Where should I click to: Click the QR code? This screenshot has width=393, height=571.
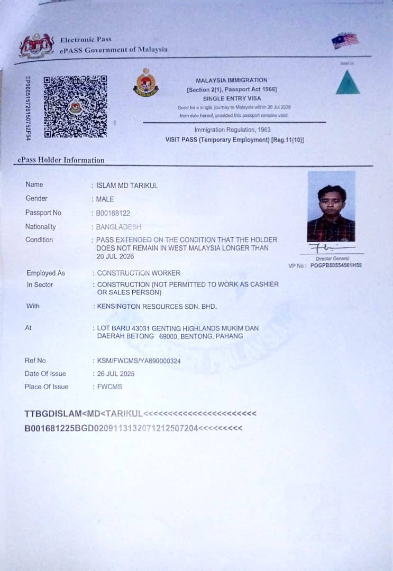pyautogui.click(x=75, y=106)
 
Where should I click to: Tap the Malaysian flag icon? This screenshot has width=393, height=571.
pyautogui.click(x=345, y=41)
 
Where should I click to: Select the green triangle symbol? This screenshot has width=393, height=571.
pyautogui.click(x=348, y=82)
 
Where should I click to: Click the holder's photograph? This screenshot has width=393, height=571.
pyautogui.click(x=331, y=206)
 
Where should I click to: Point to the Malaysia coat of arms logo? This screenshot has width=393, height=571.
pyautogui.click(x=36, y=46)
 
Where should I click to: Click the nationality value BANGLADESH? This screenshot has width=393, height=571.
pyautogui.click(x=118, y=227)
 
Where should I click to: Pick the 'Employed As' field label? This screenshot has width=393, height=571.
pyautogui.click(x=46, y=273)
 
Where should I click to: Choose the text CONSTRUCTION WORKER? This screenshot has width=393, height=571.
pyautogui.click(x=139, y=273)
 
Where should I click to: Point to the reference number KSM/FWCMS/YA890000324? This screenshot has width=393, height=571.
pyautogui.click(x=139, y=361)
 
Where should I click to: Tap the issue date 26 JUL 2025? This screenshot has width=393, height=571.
pyautogui.click(x=115, y=374)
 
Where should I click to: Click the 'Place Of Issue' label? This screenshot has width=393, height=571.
pyautogui.click(x=47, y=386)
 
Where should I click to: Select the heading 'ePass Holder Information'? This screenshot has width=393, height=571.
pyautogui.click(x=61, y=160)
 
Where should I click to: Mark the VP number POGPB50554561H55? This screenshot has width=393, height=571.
pyautogui.click(x=336, y=265)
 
